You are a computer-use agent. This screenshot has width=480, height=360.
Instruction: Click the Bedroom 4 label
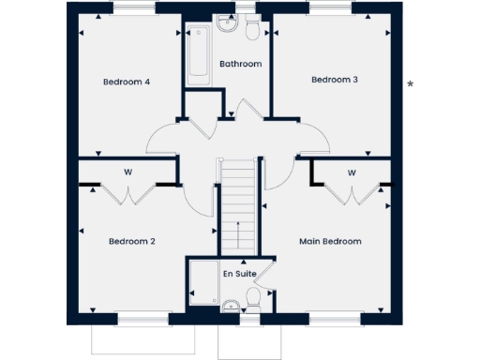click(127, 82)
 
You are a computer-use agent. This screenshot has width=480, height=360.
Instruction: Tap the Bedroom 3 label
click(335, 80)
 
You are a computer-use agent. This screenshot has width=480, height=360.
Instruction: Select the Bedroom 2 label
click(131, 241)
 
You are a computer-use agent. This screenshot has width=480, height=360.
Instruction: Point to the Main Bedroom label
click(330, 241)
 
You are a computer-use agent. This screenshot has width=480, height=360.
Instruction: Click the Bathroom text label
click(240, 64)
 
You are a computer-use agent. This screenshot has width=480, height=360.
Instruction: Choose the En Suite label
click(238, 274)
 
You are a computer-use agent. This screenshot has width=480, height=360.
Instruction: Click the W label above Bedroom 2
click(127, 172)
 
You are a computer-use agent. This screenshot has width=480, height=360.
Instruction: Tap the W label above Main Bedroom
click(352, 172)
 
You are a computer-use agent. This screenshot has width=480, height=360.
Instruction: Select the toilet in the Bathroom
click(252, 32)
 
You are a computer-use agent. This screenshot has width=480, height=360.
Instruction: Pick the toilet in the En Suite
click(252, 299)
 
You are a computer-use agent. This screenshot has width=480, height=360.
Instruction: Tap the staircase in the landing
click(238, 206)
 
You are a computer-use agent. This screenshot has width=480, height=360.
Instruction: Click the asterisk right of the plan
click(410, 85)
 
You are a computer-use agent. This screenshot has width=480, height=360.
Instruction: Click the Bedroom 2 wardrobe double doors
click(127, 192)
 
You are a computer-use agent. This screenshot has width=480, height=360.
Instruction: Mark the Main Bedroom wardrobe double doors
click(352, 192)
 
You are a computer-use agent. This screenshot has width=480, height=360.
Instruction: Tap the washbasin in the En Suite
click(229, 304)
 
